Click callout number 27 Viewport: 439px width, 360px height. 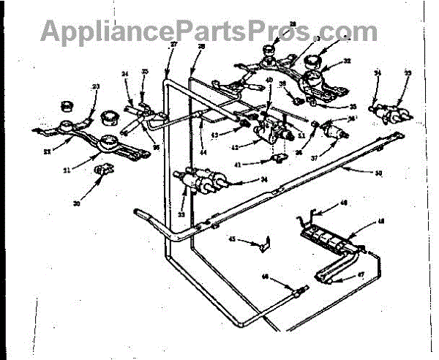173,46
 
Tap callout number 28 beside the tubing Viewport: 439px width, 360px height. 202,46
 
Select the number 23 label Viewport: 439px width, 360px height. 95,86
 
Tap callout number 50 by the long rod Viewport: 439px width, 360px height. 378,173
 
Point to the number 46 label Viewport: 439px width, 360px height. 265,277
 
